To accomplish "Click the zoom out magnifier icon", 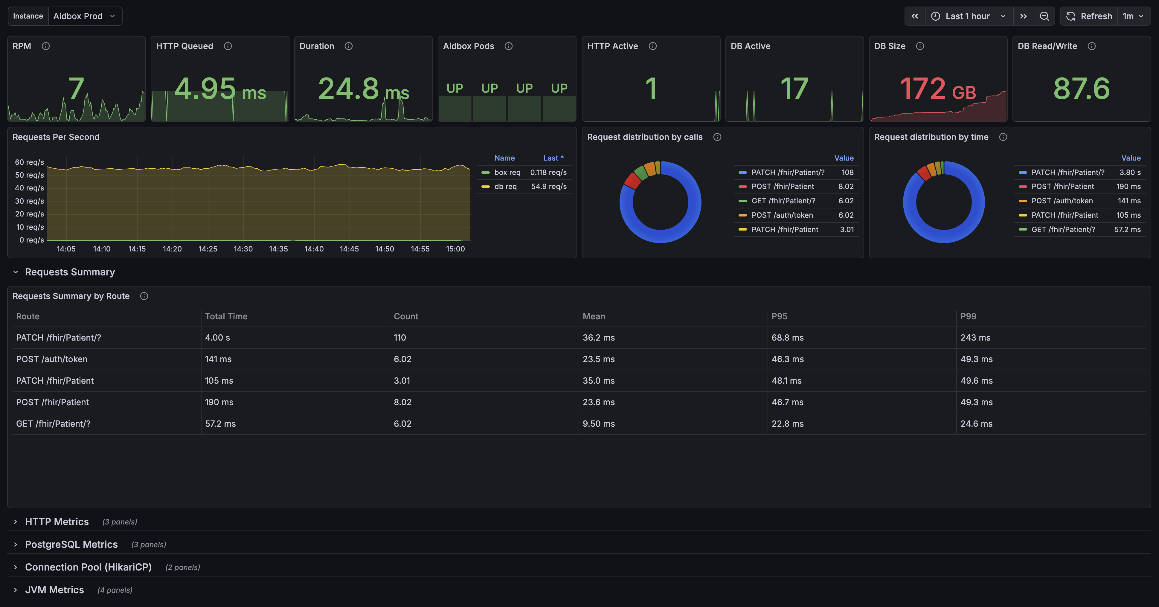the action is click(1044, 16).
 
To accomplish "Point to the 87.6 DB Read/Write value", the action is click(1082, 89).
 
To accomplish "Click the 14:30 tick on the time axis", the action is click(243, 249).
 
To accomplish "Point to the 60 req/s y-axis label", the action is click(29, 162).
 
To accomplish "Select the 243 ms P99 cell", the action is click(975, 338).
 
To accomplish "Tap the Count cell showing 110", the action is click(400, 338).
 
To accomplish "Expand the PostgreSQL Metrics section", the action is click(71, 545).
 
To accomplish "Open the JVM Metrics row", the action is click(54, 590).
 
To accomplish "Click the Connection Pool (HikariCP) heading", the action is click(88, 567).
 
